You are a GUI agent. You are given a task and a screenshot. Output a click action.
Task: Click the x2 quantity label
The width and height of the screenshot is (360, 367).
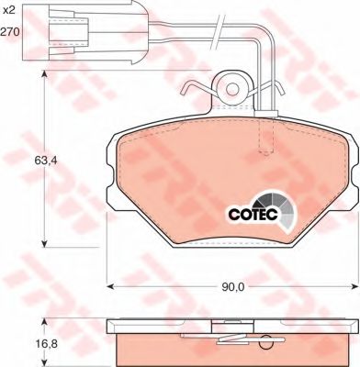point(9,11)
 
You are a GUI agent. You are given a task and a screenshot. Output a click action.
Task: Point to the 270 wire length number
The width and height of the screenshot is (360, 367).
point(9,31)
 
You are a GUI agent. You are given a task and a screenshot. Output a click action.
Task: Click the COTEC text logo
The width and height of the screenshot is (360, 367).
point(253,214)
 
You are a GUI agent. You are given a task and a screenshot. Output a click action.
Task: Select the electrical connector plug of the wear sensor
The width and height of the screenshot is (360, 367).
point(85,32)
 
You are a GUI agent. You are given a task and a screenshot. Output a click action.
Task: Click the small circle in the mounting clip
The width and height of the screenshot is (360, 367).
point(232,89)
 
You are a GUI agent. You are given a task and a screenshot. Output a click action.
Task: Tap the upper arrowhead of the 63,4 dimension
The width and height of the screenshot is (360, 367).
point(45,75)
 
